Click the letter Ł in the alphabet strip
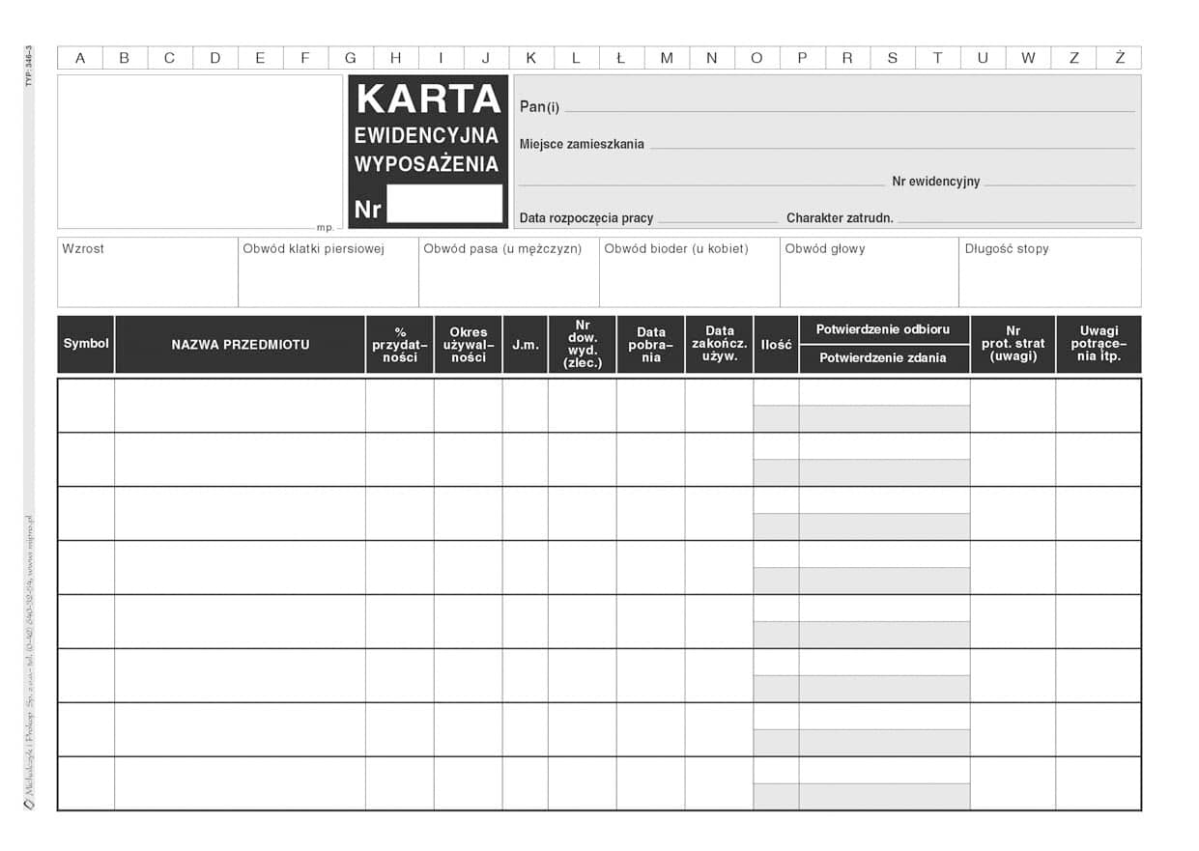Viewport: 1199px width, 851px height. (621, 58)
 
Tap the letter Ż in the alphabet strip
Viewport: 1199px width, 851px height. (1119, 58)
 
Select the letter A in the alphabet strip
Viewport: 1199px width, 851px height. (80, 58)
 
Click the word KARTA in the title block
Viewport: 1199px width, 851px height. (428, 99)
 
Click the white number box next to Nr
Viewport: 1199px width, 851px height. (444, 205)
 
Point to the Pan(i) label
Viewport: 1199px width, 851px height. (539, 107)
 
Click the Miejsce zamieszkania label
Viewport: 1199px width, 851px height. (582, 144)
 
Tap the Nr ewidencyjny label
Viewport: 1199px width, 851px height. (935, 182)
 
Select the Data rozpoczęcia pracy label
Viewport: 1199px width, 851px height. (586, 218)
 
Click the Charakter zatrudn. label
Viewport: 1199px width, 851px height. (840, 218)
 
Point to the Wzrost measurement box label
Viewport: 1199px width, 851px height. (83, 249)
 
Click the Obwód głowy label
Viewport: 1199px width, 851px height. (825, 249)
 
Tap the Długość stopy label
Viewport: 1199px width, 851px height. (1007, 249)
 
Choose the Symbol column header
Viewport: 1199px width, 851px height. (86, 344)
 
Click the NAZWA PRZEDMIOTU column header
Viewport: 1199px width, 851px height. (241, 344)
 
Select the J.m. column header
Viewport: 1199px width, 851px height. (526, 345)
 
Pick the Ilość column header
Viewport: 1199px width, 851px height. (777, 345)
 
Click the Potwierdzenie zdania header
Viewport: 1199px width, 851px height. (883, 358)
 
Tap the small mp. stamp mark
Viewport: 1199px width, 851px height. (325, 228)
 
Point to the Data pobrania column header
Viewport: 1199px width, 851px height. (651, 345)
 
